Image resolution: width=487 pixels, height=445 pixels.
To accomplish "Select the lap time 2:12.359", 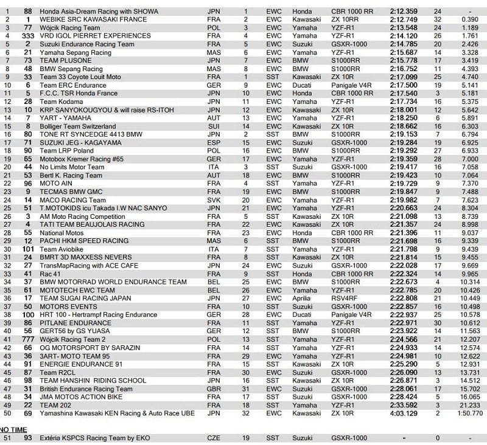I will click(x=403, y=11).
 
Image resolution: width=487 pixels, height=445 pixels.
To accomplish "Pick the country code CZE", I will click(x=214, y=438).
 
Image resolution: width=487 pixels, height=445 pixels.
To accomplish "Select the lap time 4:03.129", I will click(x=403, y=413).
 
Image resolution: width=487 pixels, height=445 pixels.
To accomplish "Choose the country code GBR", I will click(x=214, y=388).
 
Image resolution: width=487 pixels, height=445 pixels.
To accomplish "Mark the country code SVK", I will click(x=214, y=199).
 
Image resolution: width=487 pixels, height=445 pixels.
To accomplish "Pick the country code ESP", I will click(x=214, y=142).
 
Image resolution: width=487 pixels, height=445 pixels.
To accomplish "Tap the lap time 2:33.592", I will click(x=403, y=405).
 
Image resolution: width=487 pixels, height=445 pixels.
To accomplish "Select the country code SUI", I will click(x=214, y=125).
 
